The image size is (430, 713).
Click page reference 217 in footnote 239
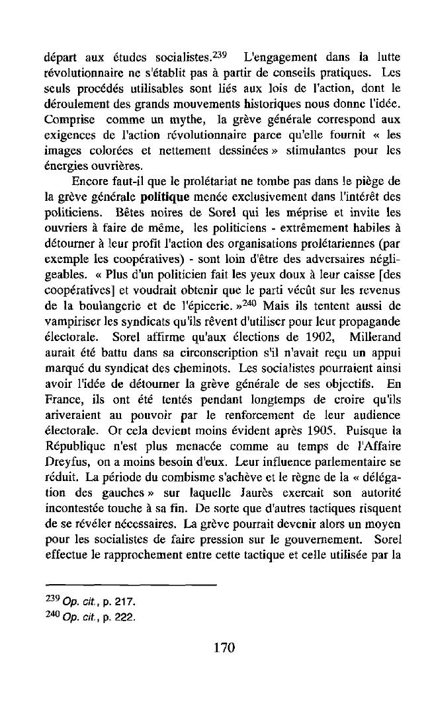tap(126, 602)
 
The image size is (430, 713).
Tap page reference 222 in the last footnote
tap(126, 618)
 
